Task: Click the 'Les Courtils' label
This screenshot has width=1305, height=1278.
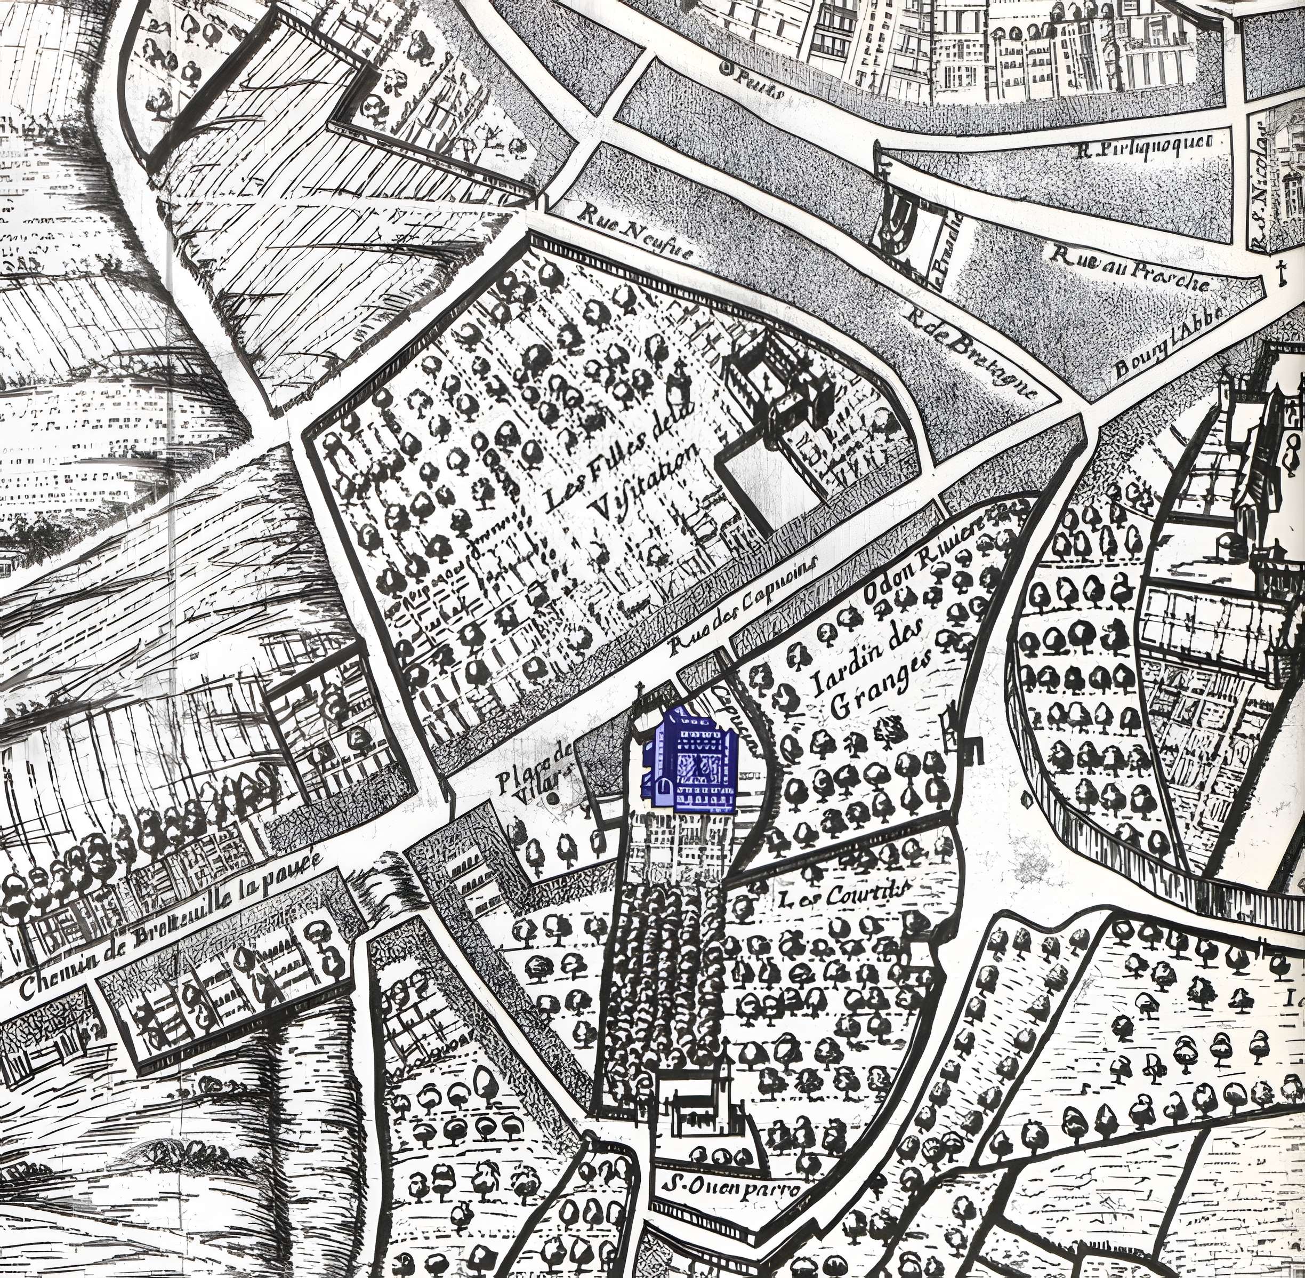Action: (849, 893)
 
